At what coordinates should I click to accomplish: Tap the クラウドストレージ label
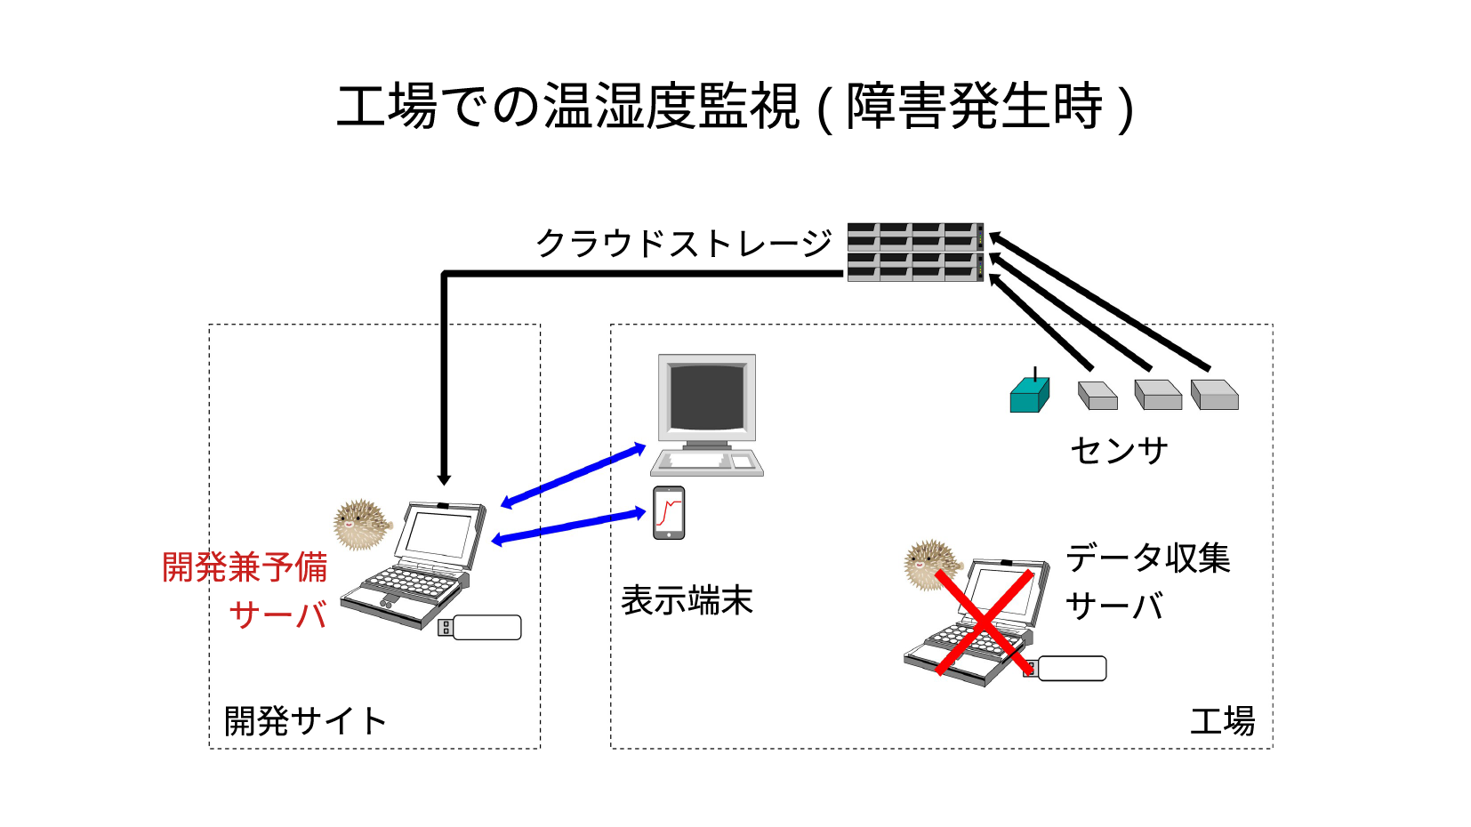point(683,243)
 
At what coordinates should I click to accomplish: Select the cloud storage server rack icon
point(915,252)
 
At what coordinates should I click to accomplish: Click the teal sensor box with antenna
point(1029,394)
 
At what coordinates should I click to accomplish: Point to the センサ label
point(1119,450)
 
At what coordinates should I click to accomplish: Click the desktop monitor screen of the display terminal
point(707,397)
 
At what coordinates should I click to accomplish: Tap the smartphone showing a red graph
point(669,513)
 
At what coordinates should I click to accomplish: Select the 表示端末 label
point(687,600)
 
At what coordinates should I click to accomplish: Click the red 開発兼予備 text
point(245,567)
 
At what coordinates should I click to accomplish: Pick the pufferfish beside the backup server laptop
point(360,525)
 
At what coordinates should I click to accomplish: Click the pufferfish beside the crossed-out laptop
point(931,565)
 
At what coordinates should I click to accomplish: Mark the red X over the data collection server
point(984,622)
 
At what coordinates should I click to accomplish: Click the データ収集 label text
point(1147,558)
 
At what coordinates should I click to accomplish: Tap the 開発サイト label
point(304,721)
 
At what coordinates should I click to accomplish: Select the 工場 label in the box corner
point(1222,721)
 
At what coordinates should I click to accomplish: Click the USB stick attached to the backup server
point(481,627)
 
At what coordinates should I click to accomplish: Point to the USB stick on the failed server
point(1067,669)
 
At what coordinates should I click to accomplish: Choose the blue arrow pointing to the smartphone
point(569,526)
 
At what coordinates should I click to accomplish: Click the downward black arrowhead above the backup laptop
point(445,479)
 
